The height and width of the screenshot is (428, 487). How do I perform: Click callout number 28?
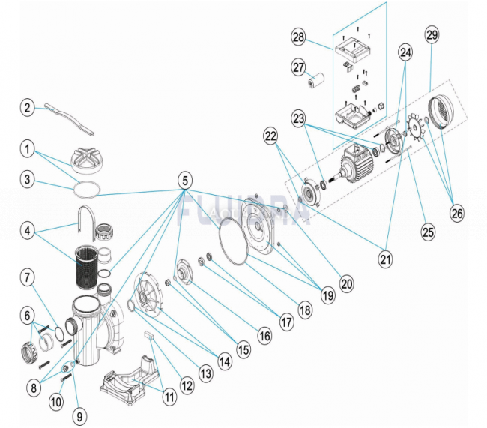pyautogui.click(x=299, y=37)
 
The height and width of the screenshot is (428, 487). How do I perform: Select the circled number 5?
pyautogui.click(x=184, y=180)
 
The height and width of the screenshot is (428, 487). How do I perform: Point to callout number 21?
pyautogui.click(x=385, y=260)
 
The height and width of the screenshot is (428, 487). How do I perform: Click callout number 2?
pyautogui.click(x=28, y=108)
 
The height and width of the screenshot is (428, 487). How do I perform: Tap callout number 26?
pyautogui.click(x=457, y=213)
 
